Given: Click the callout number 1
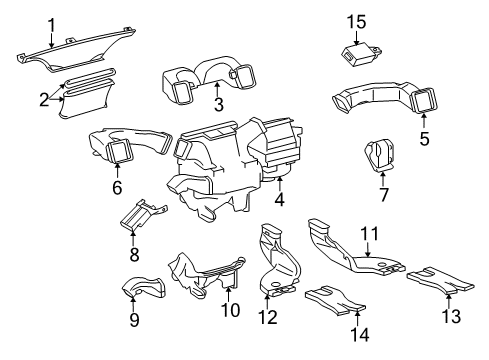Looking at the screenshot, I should coord(52,23).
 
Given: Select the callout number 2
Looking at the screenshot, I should coord(44,99).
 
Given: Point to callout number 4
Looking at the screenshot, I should coord(280,199).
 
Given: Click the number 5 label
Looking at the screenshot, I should coord(424,139).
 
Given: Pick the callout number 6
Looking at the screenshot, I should coord(116,186).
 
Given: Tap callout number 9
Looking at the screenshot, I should coord(133,320).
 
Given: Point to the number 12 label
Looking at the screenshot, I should coord(269,317).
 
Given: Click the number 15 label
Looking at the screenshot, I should coord(358,21).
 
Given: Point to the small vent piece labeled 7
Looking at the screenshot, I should coord(380,155).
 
